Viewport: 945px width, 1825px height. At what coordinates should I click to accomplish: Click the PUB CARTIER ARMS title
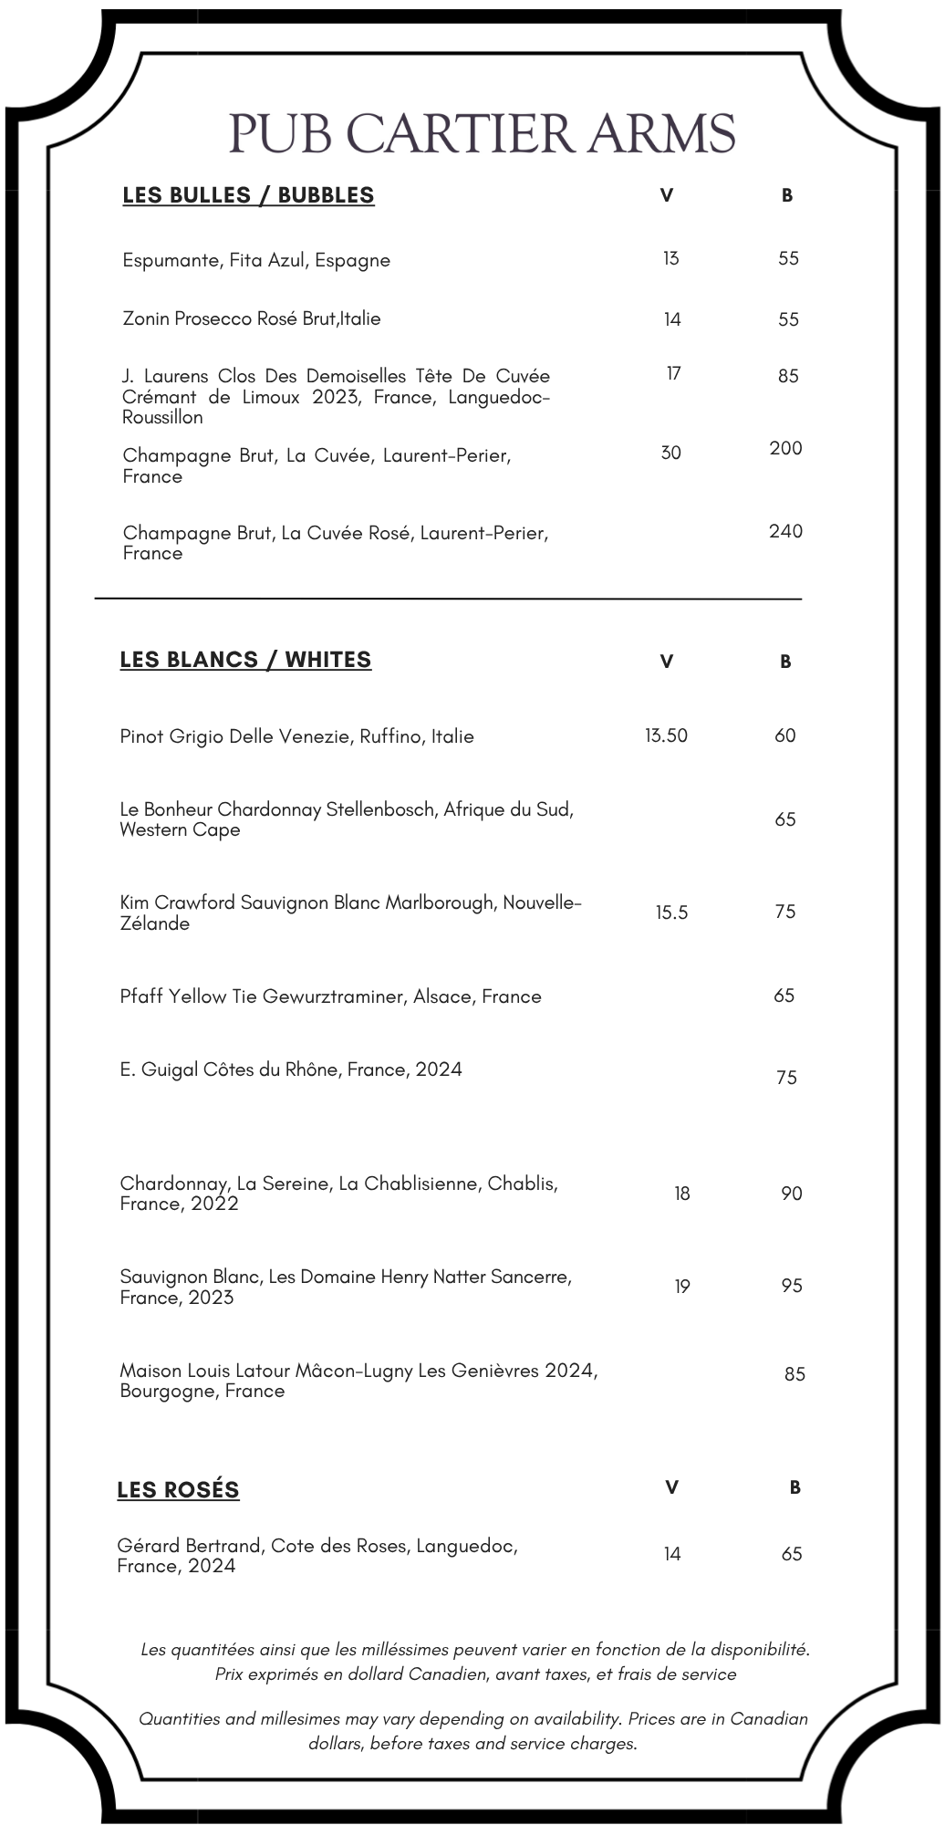(482, 134)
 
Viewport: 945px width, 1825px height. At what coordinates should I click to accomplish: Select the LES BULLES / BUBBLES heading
(248, 195)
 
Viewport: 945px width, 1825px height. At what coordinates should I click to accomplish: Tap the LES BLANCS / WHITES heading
(245, 660)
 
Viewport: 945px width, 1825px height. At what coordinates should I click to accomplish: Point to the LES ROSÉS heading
(178, 1490)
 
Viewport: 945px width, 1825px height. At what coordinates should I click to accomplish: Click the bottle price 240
(785, 531)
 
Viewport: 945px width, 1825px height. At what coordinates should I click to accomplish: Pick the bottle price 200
(785, 448)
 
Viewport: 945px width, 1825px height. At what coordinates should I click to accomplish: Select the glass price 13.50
(666, 735)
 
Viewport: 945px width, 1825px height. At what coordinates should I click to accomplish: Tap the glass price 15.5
(671, 912)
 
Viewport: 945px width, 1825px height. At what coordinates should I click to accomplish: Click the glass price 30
(670, 453)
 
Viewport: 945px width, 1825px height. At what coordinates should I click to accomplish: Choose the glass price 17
(673, 373)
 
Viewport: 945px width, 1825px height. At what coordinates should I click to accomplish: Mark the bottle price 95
(791, 1286)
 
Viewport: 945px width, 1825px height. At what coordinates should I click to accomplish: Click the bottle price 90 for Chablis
(791, 1194)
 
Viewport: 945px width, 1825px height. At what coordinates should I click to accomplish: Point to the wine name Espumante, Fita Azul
(256, 260)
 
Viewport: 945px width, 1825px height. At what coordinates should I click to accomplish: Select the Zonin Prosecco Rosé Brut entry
(252, 318)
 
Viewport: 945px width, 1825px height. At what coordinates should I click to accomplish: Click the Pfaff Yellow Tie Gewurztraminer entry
(330, 996)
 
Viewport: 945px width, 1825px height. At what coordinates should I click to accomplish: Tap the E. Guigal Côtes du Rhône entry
(291, 1069)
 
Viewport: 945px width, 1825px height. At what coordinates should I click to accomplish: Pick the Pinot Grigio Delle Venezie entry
(296, 736)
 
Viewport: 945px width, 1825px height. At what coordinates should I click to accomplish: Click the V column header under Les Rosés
(671, 1487)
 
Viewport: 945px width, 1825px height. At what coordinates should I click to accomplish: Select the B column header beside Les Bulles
(787, 195)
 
